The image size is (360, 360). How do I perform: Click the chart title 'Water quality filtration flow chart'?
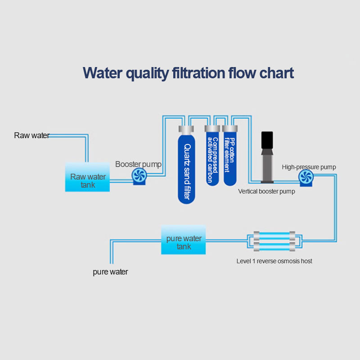(189, 72)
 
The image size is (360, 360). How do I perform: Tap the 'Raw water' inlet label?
(31, 135)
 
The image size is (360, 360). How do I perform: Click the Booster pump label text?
(138, 164)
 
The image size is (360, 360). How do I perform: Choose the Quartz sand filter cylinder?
(187, 169)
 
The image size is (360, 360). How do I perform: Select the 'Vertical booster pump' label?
(266, 192)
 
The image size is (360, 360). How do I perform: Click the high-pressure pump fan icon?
(306, 178)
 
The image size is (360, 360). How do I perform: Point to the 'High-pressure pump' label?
(309, 167)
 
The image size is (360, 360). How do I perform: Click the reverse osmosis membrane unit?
(274, 241)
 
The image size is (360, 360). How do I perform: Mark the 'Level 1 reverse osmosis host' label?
(274, 261)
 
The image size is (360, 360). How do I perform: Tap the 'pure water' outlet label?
(110, 272)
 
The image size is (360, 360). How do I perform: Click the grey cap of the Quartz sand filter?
(186, 130)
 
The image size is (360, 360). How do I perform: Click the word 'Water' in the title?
(103, 72)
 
